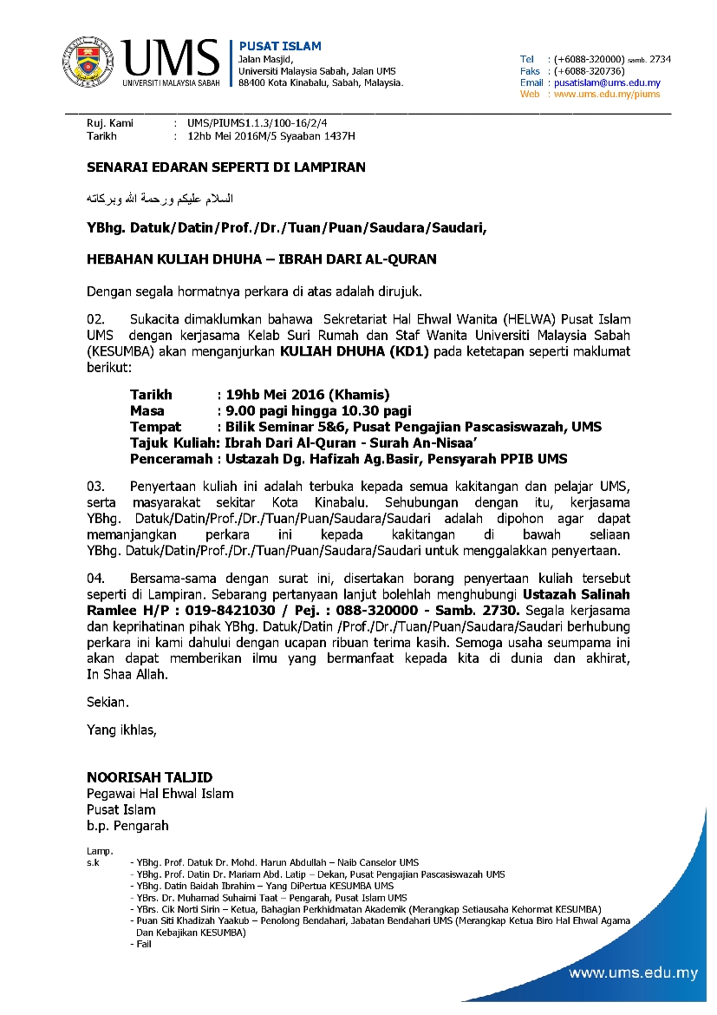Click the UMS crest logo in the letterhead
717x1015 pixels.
click(x=87, y=62)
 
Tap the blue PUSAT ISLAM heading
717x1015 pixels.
click(x=280, y=46)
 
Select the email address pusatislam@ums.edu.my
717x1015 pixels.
click(x=606, y=82)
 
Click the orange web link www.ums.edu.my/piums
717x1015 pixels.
click(x=606, y=94)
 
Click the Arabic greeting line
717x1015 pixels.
click(x=160, y=199)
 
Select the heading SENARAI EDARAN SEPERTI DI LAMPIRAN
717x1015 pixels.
click(x=226, y=167)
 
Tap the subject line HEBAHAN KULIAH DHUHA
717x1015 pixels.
click(x=261, y=259)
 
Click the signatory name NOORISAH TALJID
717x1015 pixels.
click(x=149, y=777)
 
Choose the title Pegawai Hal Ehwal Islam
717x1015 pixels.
click(x=160, y=794)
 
